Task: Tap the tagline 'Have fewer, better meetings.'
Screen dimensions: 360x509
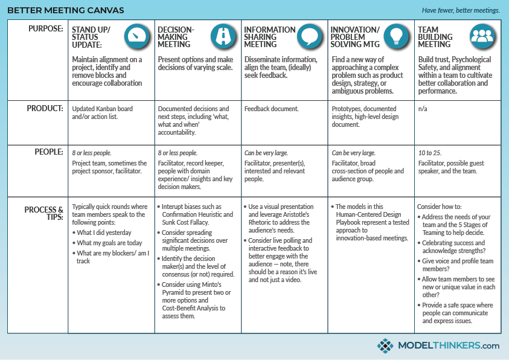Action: point(461,10)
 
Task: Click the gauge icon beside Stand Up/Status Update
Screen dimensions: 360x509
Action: point(137,36)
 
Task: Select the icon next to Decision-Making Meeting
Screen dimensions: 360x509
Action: point(223,36)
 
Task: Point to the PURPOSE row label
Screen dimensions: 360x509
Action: point(45,29)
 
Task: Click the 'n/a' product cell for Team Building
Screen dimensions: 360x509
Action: point(423,109)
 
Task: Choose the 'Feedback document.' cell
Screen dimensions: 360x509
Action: point(271,109)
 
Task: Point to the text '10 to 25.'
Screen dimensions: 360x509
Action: point(430,153)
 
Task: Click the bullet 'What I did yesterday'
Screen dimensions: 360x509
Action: point(104,233)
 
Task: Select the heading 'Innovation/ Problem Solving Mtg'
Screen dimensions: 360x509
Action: point(356,37)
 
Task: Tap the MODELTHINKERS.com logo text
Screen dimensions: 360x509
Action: point(448,346)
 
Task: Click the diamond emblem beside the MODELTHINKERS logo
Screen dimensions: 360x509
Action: point(385,346)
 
